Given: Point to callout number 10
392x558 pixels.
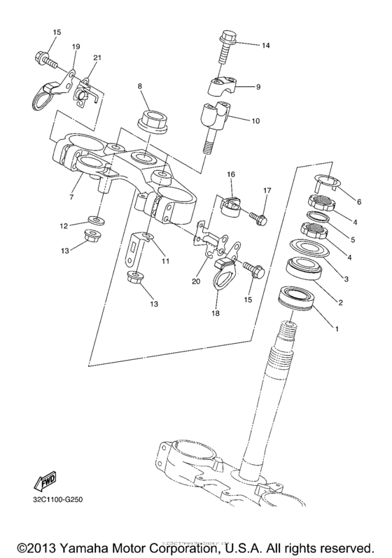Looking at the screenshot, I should pyautogui.click(x=255, y=120).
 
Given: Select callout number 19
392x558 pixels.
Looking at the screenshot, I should pyautogui.click(x=76, y=46).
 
